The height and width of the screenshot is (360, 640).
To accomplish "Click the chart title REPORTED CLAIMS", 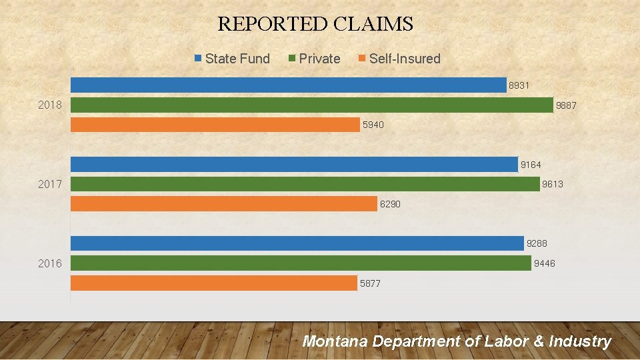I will (315, 25).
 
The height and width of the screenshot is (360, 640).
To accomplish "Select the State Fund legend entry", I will (232, 59).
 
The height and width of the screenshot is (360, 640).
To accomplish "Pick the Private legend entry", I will (314, 59).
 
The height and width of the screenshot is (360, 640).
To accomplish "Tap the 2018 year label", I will (50, 105).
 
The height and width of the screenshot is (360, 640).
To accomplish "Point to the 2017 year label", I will (50, 184).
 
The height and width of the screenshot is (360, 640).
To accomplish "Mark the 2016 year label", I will (50, 263).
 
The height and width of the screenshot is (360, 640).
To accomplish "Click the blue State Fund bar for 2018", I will (288, 85).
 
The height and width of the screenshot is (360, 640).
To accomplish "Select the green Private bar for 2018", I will (311, 105).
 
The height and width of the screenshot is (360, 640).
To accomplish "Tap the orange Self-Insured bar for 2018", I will (215, 125).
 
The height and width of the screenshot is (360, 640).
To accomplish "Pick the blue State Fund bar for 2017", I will (294, 164).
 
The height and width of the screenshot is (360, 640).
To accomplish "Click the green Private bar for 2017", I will (305, 184).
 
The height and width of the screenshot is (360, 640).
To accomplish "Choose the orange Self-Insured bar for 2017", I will (223, 204).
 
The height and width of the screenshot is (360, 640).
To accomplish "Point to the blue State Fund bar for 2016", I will (297, 243).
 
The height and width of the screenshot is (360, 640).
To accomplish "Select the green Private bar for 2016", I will (301, 263).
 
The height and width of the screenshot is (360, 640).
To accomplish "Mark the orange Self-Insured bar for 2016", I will (213, 283).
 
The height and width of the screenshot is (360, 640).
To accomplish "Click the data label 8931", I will (519, 85).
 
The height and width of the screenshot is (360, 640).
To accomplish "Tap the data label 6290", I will (390, 205).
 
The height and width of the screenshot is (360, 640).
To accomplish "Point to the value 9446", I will (544, 264).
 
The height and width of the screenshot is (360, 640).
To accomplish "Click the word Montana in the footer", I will (335, 341).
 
